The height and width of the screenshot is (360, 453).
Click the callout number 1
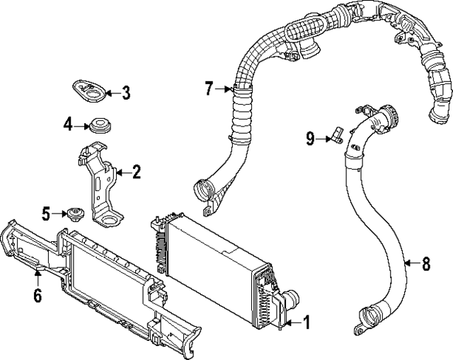tap(306, 323)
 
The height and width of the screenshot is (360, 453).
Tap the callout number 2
tap(136, 171)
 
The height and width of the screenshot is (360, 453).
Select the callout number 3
tap(125, 92)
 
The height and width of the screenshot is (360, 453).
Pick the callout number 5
tap(47, 211)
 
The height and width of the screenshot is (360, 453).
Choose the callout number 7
tap(209, 88)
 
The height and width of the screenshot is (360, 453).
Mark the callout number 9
tap(310, 139)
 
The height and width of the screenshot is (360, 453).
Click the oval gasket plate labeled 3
tap(88, 90)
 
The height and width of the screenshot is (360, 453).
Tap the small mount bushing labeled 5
tap(72, 212)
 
